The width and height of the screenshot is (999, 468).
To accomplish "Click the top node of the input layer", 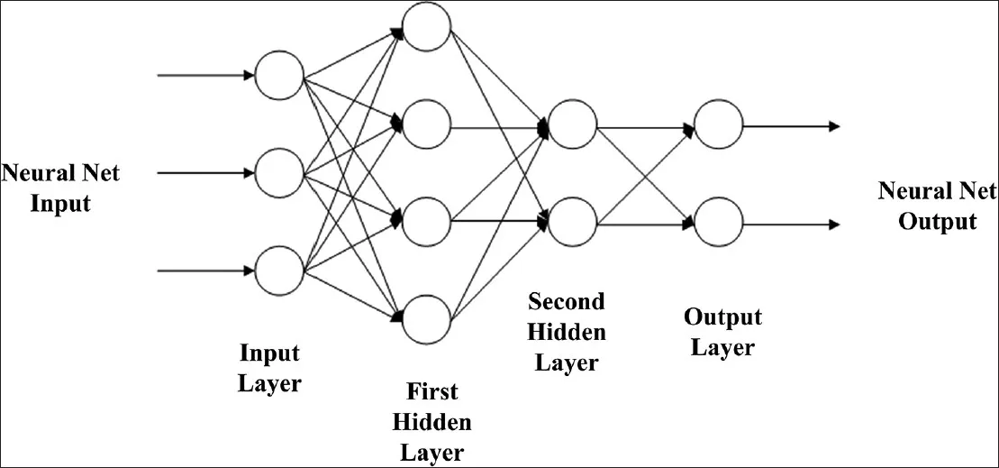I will [279, 75].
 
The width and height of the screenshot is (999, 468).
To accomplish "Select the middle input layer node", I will [279, 173].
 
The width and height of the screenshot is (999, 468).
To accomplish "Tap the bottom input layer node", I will [279, 270].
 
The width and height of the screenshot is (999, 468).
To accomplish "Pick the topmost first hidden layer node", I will [426, 27].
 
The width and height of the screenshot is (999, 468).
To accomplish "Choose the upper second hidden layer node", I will [572, 124].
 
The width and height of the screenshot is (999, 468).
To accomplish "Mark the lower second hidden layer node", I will [572, 222].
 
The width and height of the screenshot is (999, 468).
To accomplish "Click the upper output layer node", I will [719, 124].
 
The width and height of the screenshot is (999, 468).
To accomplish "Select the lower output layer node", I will [719, 222].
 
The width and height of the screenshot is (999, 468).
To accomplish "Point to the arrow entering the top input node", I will [205, 75].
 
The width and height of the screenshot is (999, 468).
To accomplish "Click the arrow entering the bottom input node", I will [205, 270].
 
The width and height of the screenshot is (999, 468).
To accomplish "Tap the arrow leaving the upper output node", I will [792, 125].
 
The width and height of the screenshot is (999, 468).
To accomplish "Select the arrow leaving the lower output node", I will [792, 223].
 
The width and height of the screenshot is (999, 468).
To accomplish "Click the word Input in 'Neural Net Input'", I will [61, 203].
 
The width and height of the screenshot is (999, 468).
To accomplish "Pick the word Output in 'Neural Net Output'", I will [937, 221].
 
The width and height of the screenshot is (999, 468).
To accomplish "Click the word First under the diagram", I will [432, 391].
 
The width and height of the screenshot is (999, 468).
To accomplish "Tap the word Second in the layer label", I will [567, 300].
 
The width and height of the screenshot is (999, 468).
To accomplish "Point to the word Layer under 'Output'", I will [722, 347].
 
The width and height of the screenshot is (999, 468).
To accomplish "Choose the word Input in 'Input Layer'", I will [268, 352].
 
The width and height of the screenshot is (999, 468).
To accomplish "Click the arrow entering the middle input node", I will [205, 173].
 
